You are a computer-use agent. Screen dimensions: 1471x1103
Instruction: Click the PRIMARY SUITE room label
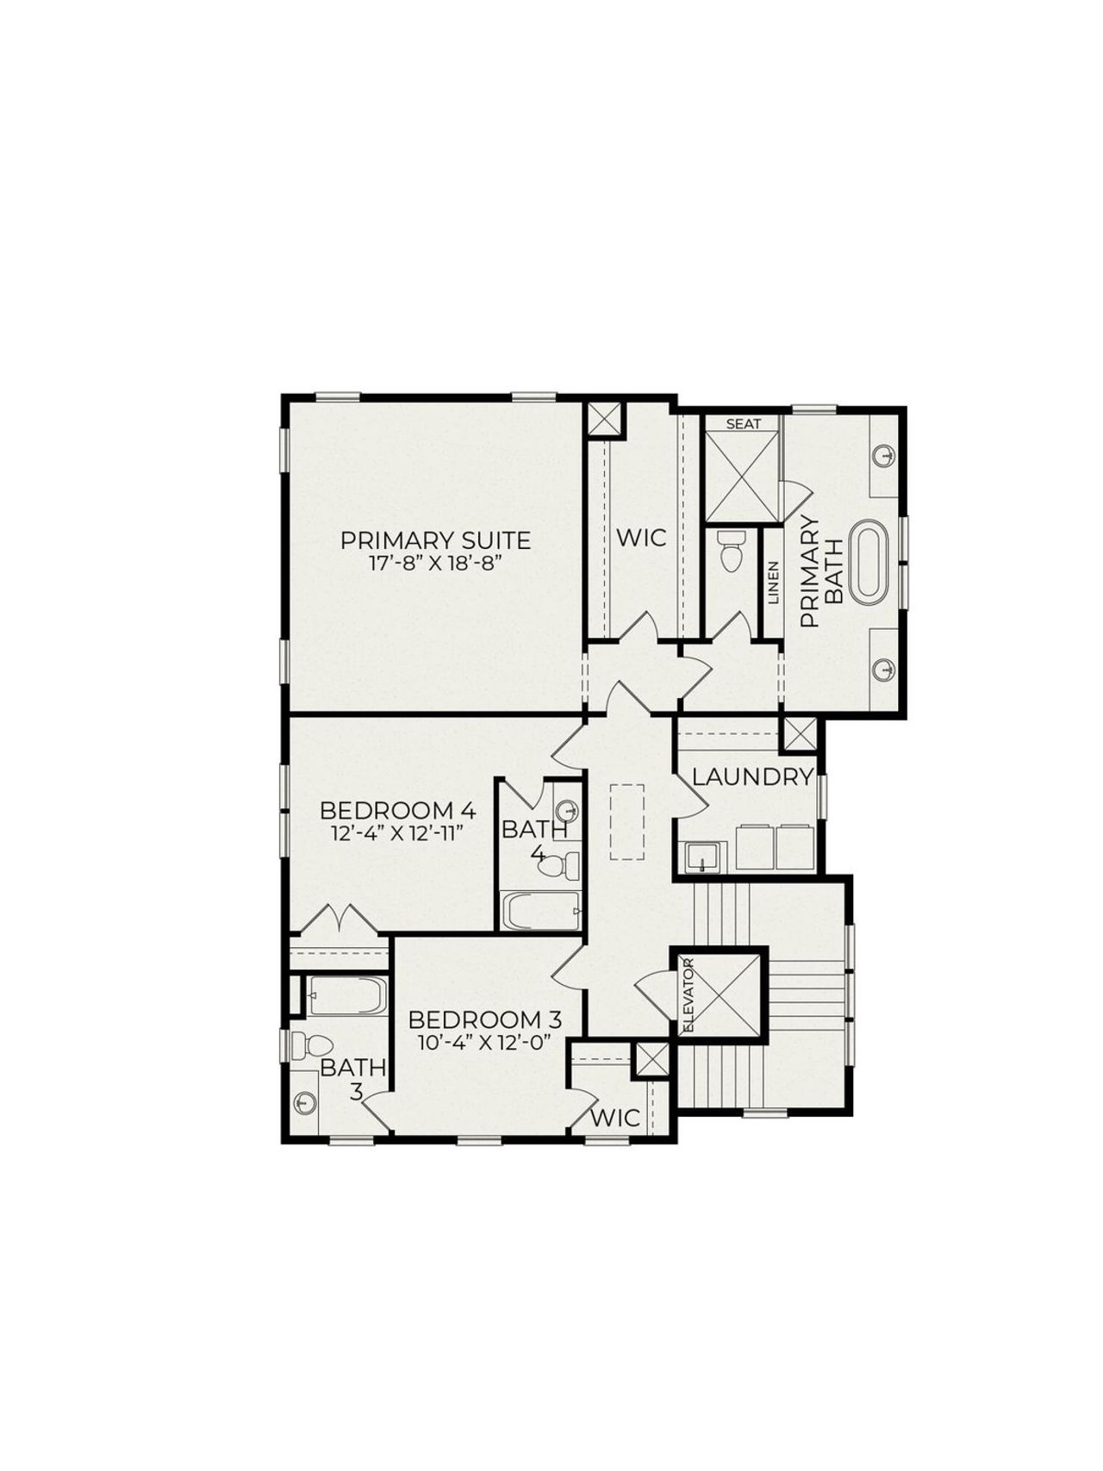(435, 541)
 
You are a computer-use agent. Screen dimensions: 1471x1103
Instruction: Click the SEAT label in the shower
(743, 424)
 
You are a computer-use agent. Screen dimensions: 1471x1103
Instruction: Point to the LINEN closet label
(773, 583)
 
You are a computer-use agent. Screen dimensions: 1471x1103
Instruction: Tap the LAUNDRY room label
(752, 776)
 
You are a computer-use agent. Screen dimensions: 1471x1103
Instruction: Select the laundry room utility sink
(701, 857)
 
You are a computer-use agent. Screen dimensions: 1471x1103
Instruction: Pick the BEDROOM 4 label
(397, 811)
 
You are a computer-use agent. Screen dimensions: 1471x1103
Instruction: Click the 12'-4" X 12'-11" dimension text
(397, 833)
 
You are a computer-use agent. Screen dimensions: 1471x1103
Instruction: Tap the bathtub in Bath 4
(541, 912)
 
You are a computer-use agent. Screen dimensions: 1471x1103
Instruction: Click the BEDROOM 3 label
(484, 1020)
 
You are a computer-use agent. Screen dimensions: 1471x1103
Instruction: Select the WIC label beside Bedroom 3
(616, 1118)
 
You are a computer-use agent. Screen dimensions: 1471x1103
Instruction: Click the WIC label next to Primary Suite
(641, 538)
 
